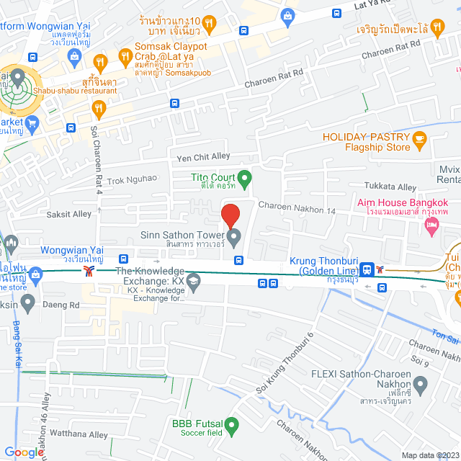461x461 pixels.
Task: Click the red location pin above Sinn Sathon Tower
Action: [x=230, y=215]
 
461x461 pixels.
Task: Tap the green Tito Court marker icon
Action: [x=244, y=176]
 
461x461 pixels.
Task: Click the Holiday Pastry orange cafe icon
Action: [x=419, y=138]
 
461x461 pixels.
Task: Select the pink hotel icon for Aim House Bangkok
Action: [x=432, y=228]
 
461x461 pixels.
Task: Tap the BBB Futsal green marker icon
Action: [x=231, y=428]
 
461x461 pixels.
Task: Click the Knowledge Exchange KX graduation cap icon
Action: [x=192, y=281]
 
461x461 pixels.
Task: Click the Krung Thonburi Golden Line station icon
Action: [x=368, y=269]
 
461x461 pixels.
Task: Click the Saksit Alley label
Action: [x=69, y=214]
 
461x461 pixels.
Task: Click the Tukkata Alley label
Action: [x=390, y=187]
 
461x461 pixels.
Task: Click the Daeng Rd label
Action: [x=64, y=305]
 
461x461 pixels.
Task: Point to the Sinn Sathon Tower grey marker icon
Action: [x=234, y=236]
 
